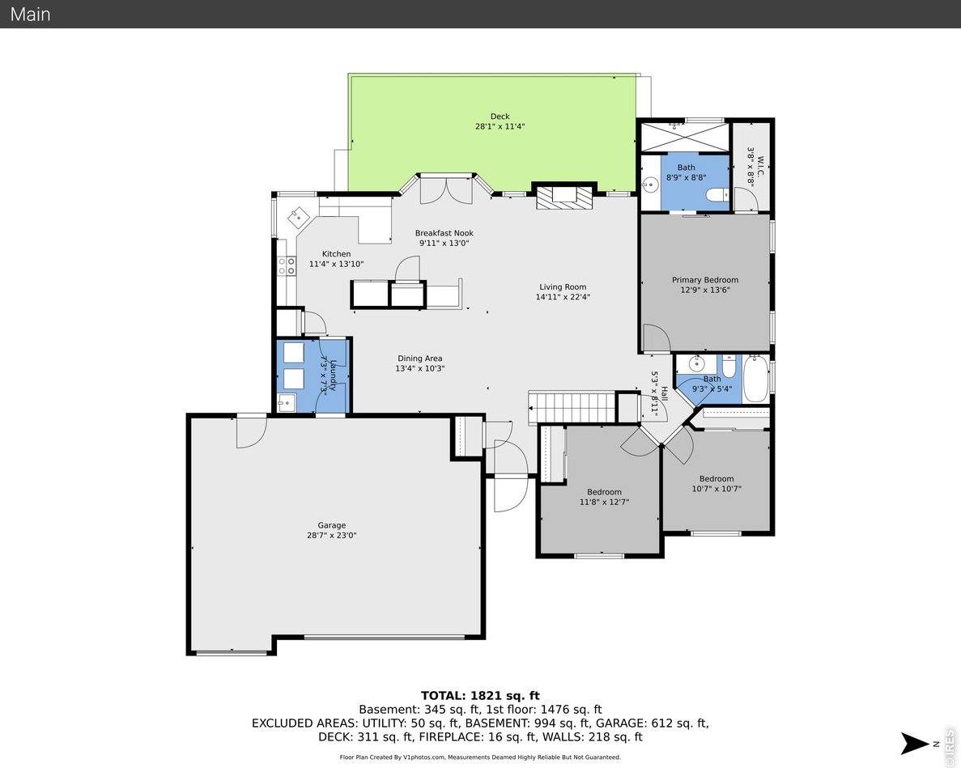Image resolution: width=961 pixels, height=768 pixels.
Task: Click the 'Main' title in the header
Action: [x=30, y=14]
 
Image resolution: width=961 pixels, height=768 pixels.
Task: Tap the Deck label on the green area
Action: [x=500, y=117]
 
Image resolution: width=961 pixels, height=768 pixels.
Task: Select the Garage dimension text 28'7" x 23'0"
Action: [x=331, y=536]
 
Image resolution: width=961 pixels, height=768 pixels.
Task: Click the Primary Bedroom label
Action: [x=704, y=280]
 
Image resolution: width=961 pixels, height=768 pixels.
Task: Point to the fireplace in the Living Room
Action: [x=564, y=196]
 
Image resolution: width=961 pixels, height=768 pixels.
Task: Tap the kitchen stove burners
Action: [x=287, y=265]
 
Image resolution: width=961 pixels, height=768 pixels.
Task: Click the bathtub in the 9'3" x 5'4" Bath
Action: [x=755, y=377]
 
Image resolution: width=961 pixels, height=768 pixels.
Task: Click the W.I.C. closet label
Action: [x=751, y=167]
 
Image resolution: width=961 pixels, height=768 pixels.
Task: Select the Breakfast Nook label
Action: [x=444, y=233]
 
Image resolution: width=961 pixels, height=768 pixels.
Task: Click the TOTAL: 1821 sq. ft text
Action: [x=480, y=696]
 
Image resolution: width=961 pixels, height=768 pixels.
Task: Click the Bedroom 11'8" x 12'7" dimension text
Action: [x=604, y=503]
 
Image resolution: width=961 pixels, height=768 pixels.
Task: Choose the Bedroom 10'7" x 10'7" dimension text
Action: [x=716, y=489]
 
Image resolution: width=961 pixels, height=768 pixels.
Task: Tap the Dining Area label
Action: [x=419, y=359]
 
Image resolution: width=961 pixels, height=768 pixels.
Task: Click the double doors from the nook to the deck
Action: [x=446, y=189]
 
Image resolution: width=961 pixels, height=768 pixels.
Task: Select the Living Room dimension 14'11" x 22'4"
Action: [x=563, y=297]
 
